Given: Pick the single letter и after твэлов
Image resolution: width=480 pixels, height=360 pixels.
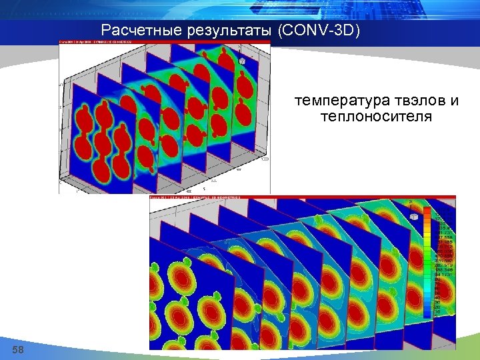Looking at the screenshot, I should click(x=455, y=101).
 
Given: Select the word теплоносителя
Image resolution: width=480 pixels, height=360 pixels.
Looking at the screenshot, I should click(x=376, y=117).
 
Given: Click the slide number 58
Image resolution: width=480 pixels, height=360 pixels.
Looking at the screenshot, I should click(x=18, y=350).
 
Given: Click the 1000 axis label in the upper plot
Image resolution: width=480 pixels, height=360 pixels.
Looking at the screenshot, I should click(x=265, y=160).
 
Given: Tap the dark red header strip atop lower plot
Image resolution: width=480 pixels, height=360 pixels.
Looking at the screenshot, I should click(x=280, y=197).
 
